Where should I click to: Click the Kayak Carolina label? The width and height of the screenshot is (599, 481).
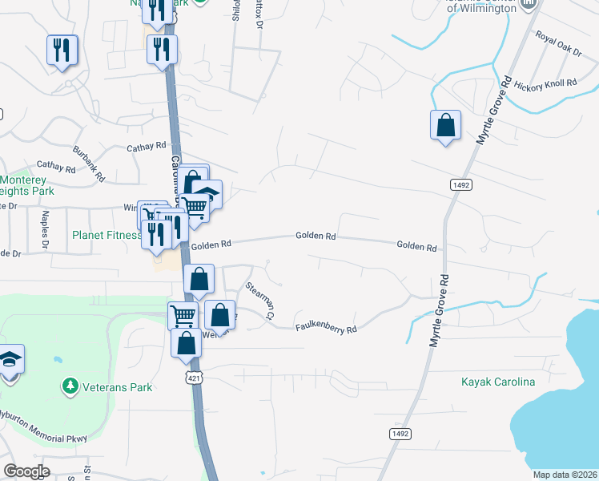[497, 381]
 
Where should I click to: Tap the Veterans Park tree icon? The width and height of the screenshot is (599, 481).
[70, 387]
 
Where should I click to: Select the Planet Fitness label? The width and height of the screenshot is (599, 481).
[106, 236]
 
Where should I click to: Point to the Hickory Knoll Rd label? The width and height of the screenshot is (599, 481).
[546, 85]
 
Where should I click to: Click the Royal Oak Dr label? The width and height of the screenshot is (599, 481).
[558, 44]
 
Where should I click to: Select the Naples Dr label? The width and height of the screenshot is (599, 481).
[46, 229]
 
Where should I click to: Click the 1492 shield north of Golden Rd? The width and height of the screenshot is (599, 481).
[460, 185]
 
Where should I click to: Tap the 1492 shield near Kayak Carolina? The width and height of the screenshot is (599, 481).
[400, 433]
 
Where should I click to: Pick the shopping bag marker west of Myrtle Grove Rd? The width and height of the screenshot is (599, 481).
[445, 126]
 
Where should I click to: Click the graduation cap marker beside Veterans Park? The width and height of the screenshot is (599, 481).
[10, 361]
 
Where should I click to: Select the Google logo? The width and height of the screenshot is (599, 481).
[26, 471]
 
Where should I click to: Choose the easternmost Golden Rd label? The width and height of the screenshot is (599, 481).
[416, 248]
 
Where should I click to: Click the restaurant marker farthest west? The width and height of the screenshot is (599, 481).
[62, 51]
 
